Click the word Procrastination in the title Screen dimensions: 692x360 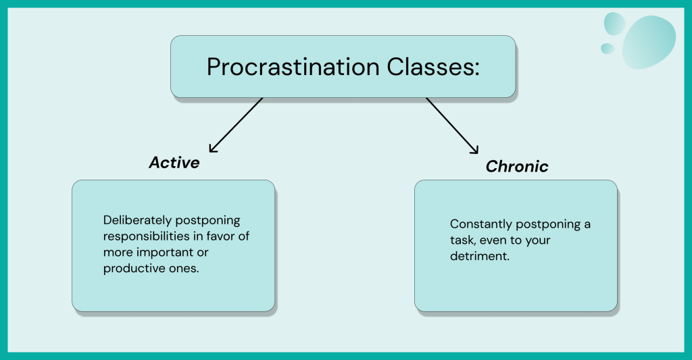(293, 67)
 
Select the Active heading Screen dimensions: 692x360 (174, 162)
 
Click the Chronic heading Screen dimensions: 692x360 (517, 166)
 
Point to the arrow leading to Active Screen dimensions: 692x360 (236, 126)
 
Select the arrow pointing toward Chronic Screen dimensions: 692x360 (452, 126)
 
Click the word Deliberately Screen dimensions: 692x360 (137, 220)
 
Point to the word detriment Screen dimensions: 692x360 (480, 257)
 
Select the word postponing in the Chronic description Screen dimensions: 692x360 (549, 224)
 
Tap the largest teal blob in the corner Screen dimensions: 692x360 (649, 43)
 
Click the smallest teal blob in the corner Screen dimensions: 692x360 (608, 49)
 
